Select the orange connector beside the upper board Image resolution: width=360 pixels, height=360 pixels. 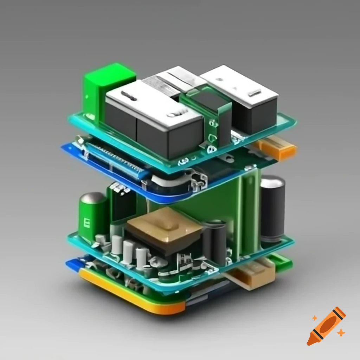click(x=276, y=148)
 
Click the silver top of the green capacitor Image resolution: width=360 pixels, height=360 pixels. click(x=94, y=198)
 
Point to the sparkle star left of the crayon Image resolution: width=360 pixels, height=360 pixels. click(x=315, y=318)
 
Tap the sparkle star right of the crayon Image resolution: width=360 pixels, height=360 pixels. click(x=340, y=332)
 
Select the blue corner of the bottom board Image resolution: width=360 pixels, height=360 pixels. click(x=72, y=263)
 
